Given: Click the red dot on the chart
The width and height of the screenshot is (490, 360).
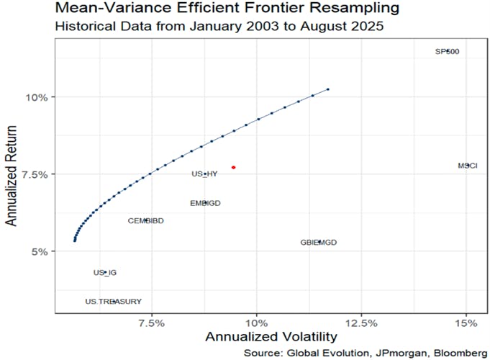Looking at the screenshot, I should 234,167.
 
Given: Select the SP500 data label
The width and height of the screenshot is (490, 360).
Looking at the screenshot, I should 448,52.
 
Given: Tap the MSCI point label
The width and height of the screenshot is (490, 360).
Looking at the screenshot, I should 467,166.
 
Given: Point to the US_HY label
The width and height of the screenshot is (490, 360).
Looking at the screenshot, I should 204,174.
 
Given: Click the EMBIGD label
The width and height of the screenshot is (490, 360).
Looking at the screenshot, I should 205,203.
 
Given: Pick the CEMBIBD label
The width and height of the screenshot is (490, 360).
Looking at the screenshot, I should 146,220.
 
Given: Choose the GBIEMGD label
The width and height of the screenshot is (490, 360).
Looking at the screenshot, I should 319,243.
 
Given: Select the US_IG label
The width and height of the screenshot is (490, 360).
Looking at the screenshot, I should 105,273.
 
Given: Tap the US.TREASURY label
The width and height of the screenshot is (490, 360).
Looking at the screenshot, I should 113,301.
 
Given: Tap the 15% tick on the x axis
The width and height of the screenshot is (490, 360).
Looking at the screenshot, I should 466,322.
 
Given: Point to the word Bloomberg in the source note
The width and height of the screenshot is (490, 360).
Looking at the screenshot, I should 455,352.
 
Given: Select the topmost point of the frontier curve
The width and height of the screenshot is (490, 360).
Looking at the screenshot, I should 328,89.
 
